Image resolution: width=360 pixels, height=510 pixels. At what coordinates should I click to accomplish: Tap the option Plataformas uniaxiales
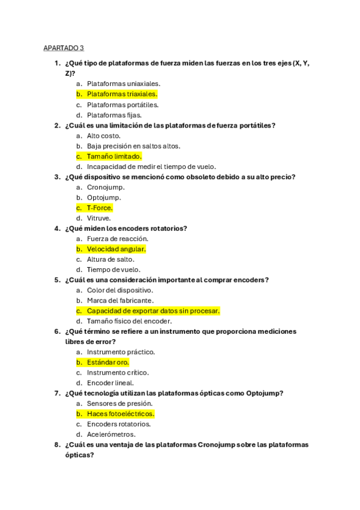pos(123,84)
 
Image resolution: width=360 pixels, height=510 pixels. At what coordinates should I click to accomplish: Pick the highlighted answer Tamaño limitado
pos(114,156)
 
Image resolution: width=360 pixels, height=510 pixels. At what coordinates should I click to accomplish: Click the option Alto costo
pos(103,136)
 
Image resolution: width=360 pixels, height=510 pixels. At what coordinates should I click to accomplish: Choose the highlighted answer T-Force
pos(100,208)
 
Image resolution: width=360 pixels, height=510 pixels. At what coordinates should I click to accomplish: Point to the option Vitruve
pos(99,218)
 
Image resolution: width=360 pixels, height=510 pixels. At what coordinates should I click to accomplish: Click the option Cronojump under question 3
pos(106,187)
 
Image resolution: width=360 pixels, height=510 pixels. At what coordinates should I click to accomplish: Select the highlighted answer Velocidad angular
pos(116,249)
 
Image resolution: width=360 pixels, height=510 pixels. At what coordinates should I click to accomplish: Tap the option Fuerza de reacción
pos(117,239)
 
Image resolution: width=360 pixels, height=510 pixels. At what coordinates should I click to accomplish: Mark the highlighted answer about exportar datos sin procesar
pos(153,311)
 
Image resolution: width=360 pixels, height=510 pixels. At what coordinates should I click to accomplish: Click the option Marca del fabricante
pos(120,301)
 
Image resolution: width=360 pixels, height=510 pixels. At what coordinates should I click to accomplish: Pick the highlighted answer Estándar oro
pos(108,362)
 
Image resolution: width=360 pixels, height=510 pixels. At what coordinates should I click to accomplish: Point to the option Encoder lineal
pos(110,382)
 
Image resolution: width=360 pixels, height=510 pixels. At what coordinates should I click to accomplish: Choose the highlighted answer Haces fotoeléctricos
pos(120,414)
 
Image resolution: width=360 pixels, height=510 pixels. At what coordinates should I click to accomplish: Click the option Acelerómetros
pos(111,434)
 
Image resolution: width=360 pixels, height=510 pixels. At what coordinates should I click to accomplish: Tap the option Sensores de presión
pos(119,404)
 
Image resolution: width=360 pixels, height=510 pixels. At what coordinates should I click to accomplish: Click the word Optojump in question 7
pos(263,393)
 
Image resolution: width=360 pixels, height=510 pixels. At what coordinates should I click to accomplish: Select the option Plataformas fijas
pos(114,115)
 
